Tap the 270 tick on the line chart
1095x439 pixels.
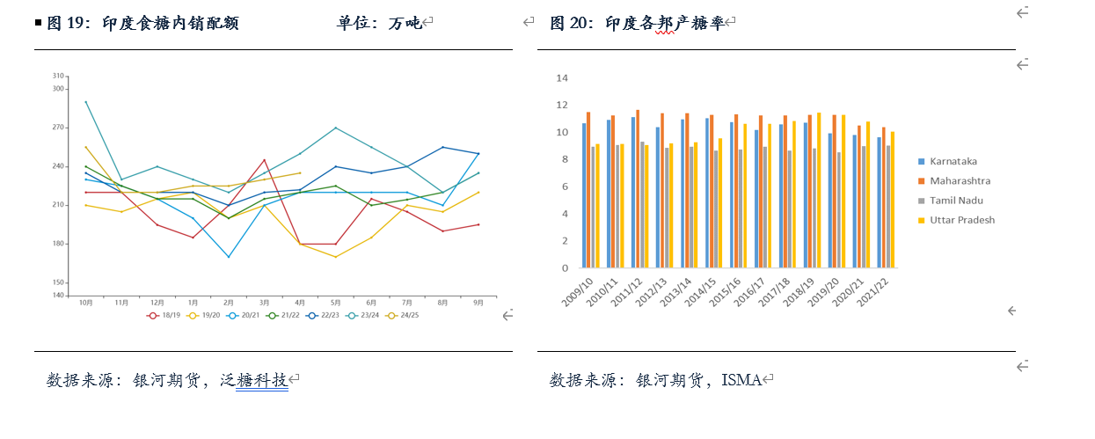tap(59, 128)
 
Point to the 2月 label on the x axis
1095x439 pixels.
tap(229, 303)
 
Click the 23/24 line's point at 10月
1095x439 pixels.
tap(85, 102)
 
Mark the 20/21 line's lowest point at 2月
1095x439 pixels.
tap(229, 257)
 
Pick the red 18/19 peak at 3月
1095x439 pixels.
tap(264, 160)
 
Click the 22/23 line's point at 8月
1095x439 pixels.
tap(442, 147)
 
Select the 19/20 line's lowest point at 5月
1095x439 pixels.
tap(335, 257)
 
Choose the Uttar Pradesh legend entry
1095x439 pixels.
tap(961, 220)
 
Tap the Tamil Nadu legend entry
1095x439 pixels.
tap(954, 201)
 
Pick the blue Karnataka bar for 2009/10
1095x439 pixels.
tap(584, 196)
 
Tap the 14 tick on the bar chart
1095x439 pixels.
tap(563, 78)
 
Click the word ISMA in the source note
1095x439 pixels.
tap(741, 380)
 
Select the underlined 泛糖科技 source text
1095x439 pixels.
tap(262, 380)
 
